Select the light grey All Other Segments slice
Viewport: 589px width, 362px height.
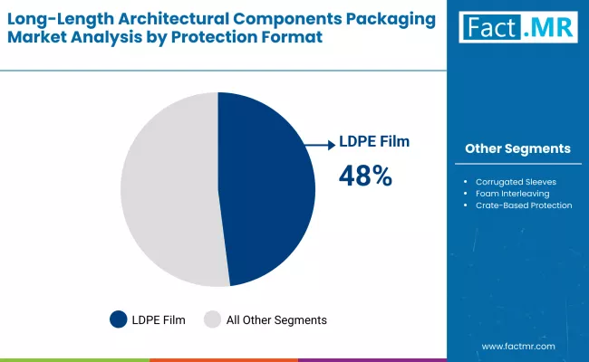tap(168, 190)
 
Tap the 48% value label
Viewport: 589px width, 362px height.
tap(365, 176)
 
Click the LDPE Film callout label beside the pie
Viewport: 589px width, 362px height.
tap(374, 141)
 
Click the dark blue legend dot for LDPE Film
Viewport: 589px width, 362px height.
tap(119, 319)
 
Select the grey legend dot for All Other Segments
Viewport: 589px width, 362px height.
tap(212, 319)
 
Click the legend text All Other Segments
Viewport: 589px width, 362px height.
tap(276, 319)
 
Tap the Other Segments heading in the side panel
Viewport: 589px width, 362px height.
tap(517, 148)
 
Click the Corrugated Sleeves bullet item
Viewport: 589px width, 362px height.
tap(517, 182)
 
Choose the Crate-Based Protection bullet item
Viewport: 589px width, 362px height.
tap(524, 205)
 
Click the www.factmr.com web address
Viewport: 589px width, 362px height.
tap(517, 346)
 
